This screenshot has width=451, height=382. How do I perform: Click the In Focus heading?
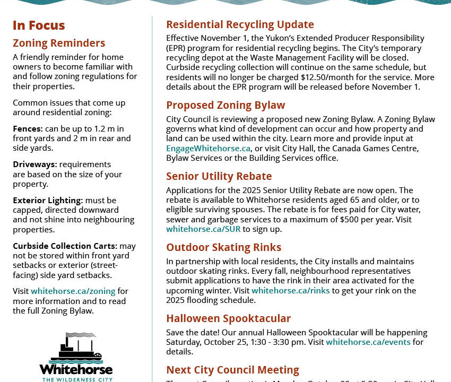(x=39, y=25)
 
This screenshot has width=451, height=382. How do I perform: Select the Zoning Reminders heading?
(x=59, y=43)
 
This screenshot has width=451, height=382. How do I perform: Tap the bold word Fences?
(x=28, y=129)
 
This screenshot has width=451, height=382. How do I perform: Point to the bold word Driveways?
(x=35, y=164)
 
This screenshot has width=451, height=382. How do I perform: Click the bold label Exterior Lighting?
(x=48, y=201)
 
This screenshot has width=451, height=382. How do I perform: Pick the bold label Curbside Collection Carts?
(x=65, y=246)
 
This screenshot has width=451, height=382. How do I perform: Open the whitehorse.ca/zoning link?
(x=73, y=291)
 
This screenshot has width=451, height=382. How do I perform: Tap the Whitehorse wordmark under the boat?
(x=76, y=369)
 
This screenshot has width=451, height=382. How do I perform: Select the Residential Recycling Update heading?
(x=240, y=24)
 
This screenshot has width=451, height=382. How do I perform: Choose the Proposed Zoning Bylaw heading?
(x=226, y=105)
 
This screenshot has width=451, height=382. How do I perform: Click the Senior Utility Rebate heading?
(x=219, y=176)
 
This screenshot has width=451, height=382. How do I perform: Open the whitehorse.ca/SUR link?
(x=203, y=229)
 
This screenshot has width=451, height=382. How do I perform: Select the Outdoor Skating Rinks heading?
(x=223, y=247)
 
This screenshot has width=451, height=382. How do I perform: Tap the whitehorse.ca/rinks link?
(x=290, y=291)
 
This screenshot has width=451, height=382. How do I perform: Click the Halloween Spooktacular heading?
(x=228, y=318)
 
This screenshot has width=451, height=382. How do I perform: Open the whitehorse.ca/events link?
(x=368, y=342)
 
